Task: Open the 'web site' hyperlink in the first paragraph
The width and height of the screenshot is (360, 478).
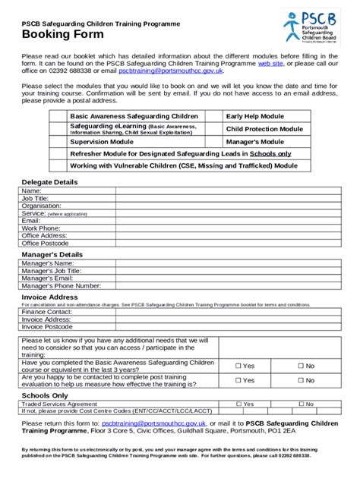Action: point(270,64)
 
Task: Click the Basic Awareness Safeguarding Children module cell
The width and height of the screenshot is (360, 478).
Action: point(134,115)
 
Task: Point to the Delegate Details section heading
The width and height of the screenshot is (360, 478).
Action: point(49,183)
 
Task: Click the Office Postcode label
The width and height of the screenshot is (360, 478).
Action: point(45,244)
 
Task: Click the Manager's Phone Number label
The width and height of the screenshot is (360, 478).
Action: point(62,286)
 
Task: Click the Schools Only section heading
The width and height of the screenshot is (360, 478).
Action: point(45,395)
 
